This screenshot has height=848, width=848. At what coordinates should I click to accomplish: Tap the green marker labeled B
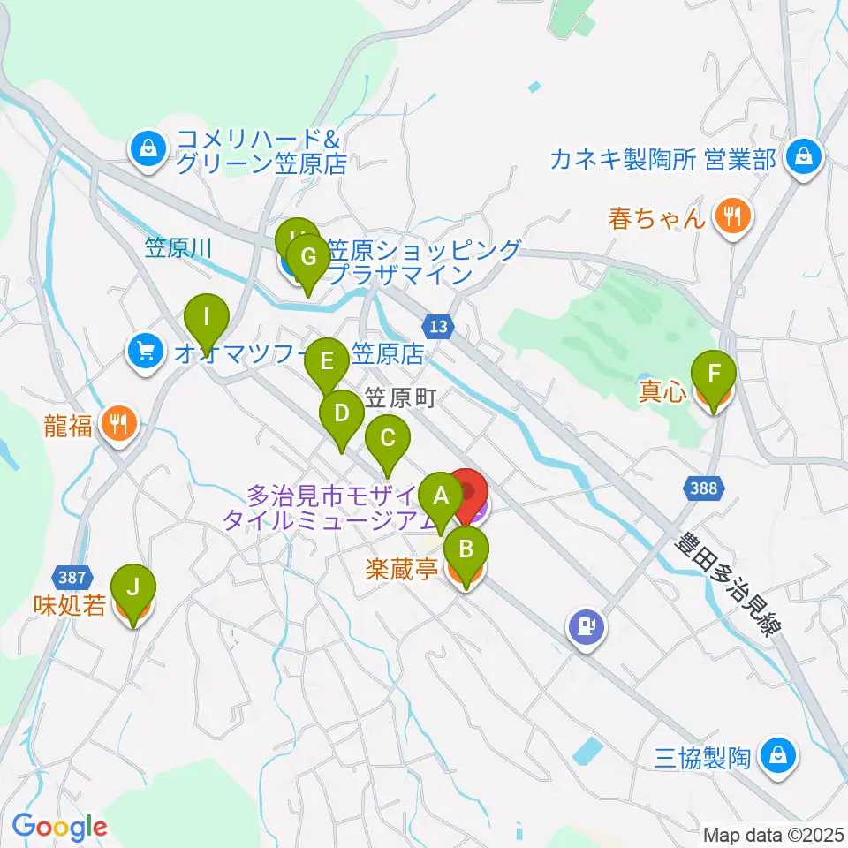coord(466,551)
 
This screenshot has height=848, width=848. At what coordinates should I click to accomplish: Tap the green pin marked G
coord(307,258)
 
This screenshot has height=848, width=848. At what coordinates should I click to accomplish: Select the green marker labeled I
coord(206,316)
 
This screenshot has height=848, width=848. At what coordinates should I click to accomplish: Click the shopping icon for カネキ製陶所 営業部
coord(804,157)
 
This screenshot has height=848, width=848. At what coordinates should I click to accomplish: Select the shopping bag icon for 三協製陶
coord(777,756)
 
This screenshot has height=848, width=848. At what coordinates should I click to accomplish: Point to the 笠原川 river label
coord(179,248)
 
